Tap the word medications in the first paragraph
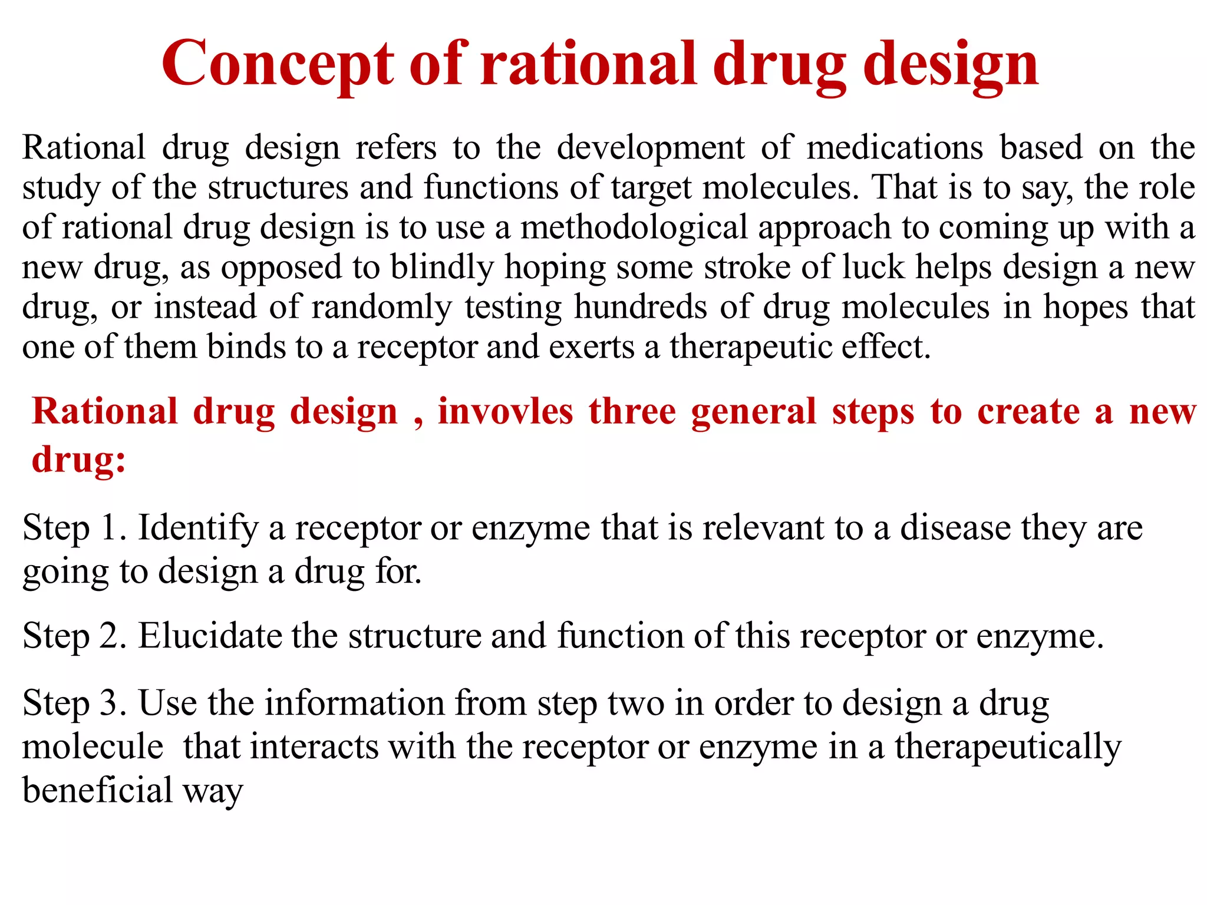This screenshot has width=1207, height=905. click(x=895, y=147)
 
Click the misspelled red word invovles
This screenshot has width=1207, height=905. click(x=505, y=411)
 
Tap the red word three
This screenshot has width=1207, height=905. click(x=632, y=411)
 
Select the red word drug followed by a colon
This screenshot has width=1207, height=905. click(x=78, y=460)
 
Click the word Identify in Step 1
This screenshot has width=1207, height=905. click(x=198, y=528)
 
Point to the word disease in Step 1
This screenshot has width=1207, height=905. click(x=955, y=528)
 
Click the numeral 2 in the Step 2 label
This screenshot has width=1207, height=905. click(x=109, y=636)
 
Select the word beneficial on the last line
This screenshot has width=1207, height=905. click(x=97, y=791)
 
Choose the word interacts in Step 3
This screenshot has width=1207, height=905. click(x=314, y=747)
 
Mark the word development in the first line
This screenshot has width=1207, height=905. click(x=651, y=147)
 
